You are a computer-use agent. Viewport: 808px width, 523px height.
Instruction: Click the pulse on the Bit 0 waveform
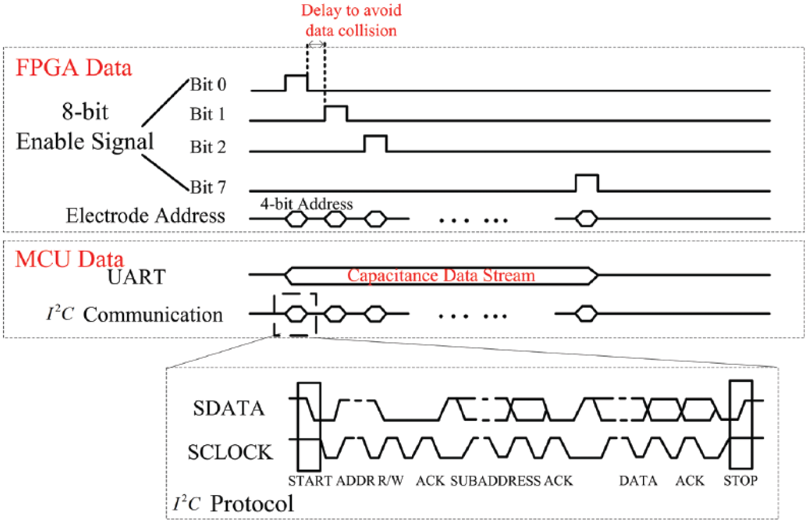click(296, 75)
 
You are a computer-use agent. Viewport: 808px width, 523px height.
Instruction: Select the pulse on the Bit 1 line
click(336, 106)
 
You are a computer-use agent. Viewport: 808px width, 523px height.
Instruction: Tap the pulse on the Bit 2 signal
click(376, 136)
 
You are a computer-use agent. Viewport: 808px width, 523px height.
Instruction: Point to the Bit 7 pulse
click(587, 175)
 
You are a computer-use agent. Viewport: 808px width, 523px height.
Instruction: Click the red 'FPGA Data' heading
click(74, 68)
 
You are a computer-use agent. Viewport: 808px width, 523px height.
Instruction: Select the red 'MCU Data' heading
click(69, 259)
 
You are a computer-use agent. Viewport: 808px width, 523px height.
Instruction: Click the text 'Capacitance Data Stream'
click(441, 276)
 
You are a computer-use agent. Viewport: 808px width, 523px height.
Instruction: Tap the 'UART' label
click(137, 277)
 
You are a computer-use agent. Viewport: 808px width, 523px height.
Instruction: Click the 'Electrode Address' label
click(145, 216)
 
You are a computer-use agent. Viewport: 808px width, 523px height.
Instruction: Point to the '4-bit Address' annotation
click(306, 204)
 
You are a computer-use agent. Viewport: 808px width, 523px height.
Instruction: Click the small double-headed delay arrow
click(316, 45)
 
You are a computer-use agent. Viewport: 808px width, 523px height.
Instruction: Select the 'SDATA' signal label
click(229, 408)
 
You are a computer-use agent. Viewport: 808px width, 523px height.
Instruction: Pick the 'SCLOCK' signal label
click(230, 452)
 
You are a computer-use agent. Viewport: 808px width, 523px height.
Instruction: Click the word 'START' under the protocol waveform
click(310, 481)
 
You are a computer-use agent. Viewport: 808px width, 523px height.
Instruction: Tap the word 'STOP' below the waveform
click(740, 481)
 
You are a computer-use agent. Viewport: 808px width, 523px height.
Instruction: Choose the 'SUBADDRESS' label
click(496, 481)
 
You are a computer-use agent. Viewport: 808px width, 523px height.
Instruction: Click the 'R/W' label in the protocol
click(391, 481)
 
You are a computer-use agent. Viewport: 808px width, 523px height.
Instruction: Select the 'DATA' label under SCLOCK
click(638, 481)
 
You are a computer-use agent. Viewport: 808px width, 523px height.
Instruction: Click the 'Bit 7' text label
click(208, 187)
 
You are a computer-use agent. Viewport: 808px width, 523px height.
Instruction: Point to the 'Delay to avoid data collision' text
click(351, 21)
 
